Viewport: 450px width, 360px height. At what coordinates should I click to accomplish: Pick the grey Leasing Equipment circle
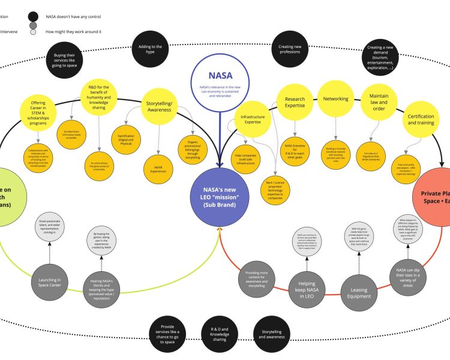[359, 292]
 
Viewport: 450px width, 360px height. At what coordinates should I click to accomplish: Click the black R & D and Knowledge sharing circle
[218, 334]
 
